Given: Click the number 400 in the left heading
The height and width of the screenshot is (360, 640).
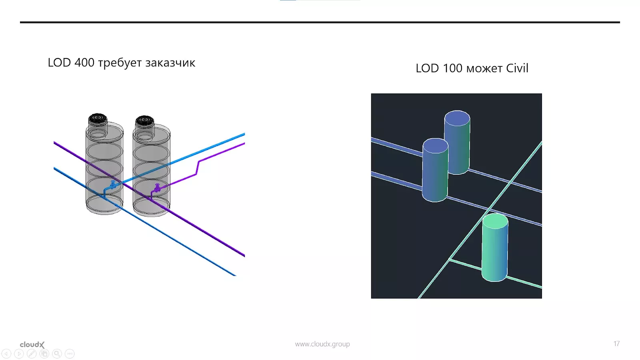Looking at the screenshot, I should (84, 63).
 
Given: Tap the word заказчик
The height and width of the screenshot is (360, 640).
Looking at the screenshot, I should (170, 63).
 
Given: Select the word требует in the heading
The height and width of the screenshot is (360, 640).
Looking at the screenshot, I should (120, 63).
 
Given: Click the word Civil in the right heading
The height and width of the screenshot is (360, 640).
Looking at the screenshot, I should (517, 68).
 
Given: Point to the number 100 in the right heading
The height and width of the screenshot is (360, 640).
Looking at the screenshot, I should (452, 68).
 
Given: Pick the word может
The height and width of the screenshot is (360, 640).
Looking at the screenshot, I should (484, 69).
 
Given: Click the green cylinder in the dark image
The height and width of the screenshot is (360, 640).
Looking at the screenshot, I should (495, 252).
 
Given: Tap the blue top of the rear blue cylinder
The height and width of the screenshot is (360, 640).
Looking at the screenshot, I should (457, 118).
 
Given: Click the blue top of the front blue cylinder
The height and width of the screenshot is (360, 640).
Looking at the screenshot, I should (435, 146).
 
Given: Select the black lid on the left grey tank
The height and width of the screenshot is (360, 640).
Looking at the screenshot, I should (97, 118).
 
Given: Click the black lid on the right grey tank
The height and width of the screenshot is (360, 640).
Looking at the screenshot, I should (144, 120).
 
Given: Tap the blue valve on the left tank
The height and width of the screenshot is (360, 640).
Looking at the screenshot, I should (113, 184).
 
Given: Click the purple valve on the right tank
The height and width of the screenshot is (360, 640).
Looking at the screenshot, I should (157, 188).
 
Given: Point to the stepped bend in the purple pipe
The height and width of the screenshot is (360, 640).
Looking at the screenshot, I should (198, 168).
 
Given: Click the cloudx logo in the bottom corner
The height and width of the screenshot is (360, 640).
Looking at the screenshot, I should (32, 344).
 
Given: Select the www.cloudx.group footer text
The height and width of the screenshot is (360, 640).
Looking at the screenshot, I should (322, 344).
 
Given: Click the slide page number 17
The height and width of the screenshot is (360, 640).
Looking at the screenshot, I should (616, 344).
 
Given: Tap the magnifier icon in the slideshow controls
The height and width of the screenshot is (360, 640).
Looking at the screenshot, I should (57, 354).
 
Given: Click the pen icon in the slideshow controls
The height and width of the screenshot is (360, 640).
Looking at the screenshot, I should (32, 354).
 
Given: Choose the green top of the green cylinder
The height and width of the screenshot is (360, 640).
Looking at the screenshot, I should (495, 221).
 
